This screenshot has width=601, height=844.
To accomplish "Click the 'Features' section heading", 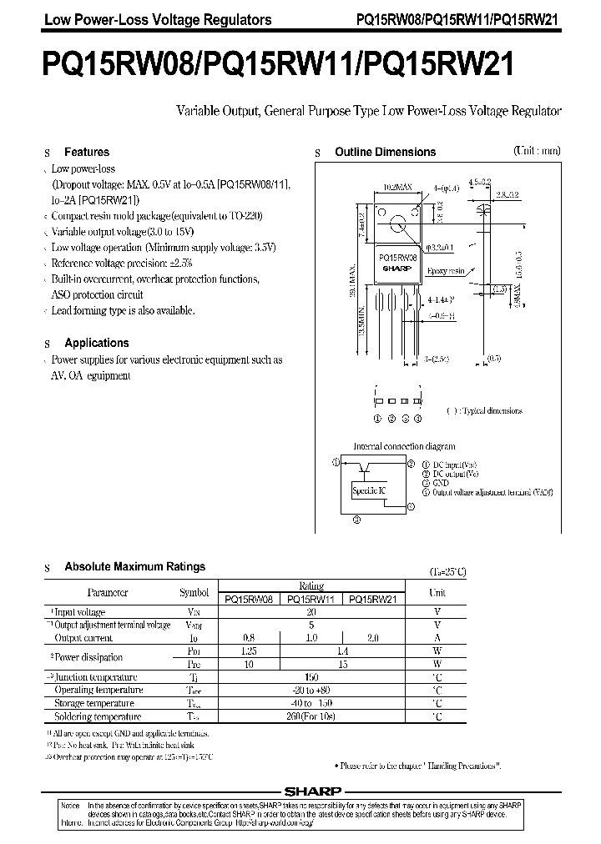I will coord(87,153).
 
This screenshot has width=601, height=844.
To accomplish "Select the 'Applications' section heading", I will coord(97,343).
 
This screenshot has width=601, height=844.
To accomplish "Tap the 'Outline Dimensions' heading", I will coord(385,153).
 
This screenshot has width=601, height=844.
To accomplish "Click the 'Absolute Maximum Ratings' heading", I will coord(134,567).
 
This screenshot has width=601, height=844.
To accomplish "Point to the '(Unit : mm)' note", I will coord(537,151).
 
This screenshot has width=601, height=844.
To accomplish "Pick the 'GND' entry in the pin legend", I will coord(442,483).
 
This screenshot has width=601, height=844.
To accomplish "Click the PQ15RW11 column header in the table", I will coord(311,599).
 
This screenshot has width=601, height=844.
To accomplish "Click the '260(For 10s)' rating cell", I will coord(311,716).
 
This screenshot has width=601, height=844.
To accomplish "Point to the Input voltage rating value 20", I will coord(311,612).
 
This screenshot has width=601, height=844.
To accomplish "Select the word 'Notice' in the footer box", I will coord(72,805).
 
